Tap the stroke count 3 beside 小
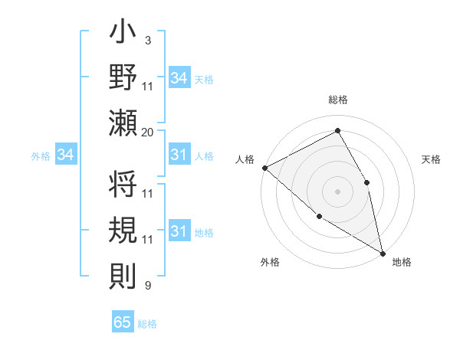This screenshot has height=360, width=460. click(x=147, y=41)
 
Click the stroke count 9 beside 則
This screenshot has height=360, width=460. click(x=147, y=286)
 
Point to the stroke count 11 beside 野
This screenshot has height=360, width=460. click(x=148, y=87)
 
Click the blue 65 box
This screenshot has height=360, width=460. click(x=123, y=322)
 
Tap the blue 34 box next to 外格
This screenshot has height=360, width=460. click(x=65, y=155)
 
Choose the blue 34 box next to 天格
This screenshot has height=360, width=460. click(x=179, y=78)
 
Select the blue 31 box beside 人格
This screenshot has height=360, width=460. click(x=179, y=155)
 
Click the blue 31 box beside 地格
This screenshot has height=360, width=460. click(x=179, y=231)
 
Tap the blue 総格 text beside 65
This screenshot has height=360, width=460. click(x=147, y=324)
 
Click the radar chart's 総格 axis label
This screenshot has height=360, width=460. click(x=338, y=100)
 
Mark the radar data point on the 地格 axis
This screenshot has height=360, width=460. click(x=382, y=252)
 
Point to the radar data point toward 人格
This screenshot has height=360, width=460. click(x=264, y=168)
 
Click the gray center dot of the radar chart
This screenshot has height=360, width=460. click(x=338, y=191)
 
